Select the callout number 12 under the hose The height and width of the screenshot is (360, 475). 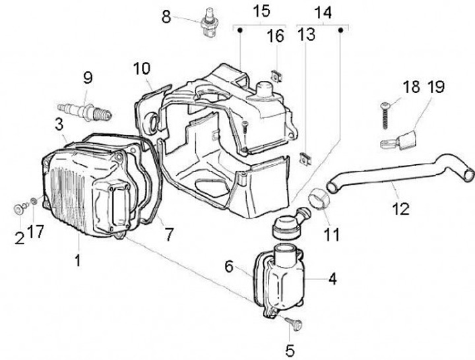point(400,209)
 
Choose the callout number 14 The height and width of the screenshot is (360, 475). point(323,11)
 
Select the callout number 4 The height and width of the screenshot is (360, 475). point(332,279)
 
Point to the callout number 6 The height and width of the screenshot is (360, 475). point(229,266)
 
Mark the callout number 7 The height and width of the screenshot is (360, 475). point(169,233)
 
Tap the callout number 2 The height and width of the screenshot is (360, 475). point(19,237)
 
